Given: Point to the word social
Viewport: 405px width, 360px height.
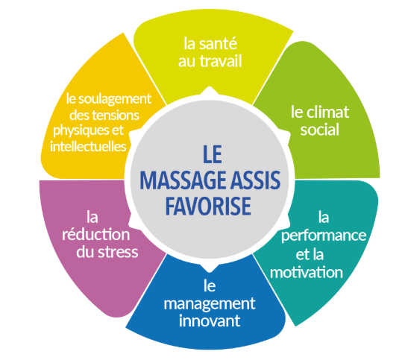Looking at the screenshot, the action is click(319, 130).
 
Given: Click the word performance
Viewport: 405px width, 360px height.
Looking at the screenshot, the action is click(324, 236).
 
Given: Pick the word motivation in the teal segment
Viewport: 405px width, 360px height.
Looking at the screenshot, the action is click(307, 273).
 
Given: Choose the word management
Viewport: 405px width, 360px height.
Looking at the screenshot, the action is click(210, 304).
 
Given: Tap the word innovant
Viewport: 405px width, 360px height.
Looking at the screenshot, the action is click(210, 320).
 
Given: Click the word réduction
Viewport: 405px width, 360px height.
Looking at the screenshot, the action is click(95, 234).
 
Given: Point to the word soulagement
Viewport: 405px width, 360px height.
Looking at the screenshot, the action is click(114, 99).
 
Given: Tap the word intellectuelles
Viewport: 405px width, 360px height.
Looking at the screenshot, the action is click(88, 146).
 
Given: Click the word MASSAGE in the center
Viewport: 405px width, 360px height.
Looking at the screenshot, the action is click(183, 180).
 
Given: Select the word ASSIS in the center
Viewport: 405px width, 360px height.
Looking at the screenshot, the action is click(255, 180).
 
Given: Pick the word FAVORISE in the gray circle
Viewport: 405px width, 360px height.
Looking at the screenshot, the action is click(208, 206).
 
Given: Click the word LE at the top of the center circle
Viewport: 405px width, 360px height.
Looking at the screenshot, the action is click(213, 154).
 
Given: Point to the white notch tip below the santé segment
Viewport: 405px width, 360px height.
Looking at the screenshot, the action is click(210, 87).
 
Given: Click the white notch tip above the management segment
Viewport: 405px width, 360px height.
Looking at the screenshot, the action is click(210, 272).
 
